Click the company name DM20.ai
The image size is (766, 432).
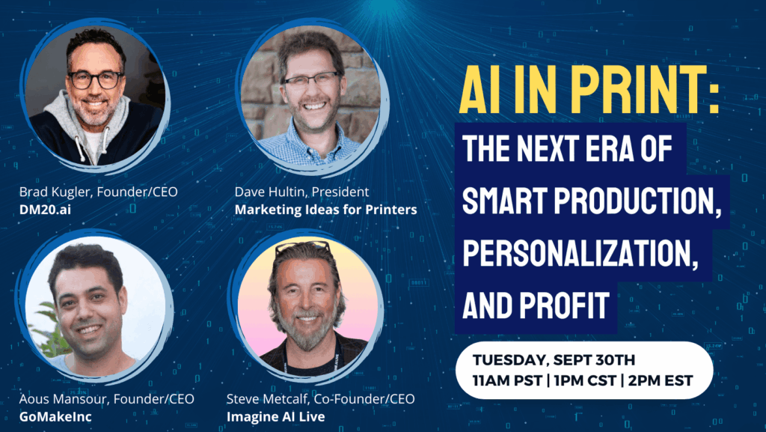coord(45,210)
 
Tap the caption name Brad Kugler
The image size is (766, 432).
coord(55,192)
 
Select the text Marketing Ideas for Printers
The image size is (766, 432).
coord(326,210)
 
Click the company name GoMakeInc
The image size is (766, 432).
coord(55,417)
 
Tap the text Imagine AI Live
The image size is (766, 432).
coord(275,417)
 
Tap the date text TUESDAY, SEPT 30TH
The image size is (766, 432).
coord(554,360)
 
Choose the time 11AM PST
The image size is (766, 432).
coord(508,380)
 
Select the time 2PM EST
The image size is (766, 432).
coord(661,380)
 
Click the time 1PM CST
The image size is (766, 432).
coord(585,380)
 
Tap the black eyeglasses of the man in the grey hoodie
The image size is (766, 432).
coord(95,79)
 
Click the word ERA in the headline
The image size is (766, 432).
coord(604,148)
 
